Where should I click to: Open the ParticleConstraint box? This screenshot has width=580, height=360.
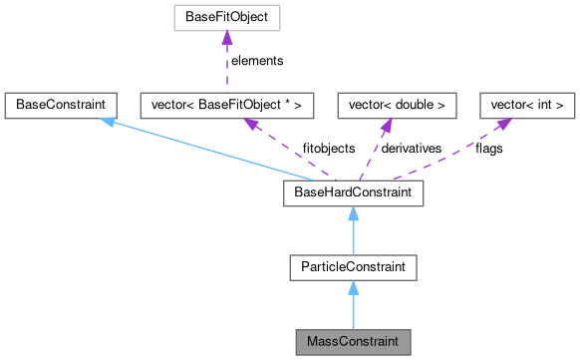point(352,266)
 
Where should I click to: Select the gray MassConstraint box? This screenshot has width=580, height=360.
point(352,341)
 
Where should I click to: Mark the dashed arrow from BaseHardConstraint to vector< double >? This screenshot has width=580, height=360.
point(372,148)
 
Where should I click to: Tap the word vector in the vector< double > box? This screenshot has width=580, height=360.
point(363,103)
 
